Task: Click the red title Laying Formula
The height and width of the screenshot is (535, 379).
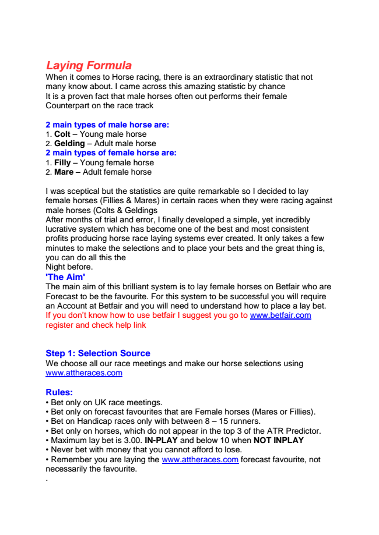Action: pyautogui.click(x=89, y=66)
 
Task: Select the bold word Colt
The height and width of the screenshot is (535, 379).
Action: pyautogui.click(x=62, y=134)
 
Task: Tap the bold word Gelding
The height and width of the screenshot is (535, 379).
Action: pyautogui.click(x=69, y=143)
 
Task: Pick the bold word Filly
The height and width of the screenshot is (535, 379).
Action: pyautogui.click(x=62, y=162)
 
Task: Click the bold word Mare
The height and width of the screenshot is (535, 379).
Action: pyautogui.click(x=64, y=172)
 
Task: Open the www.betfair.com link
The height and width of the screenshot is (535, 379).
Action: pyautogui.click(x=280, y=316)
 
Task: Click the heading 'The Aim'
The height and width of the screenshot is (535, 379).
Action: pyautogui.click(x=65, y=277)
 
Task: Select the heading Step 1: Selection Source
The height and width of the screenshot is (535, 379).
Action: pyautogui.click(x=98, y=353)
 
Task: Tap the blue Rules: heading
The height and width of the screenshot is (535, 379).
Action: pyautogui.click(x=59, y=392)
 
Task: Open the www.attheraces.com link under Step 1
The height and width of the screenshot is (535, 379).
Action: pyautogui.click(x=84, y=373)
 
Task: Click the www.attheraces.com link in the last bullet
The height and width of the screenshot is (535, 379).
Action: pyautogui.click(x=200, y=459)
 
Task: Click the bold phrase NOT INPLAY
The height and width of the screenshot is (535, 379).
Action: pyautogui.click(x=279, y=440)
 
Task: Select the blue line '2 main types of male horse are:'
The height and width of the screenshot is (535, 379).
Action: pyautogui.click(x=107, y=125)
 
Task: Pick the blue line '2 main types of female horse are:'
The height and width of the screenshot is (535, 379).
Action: pyautogui.click(x=111, y=153)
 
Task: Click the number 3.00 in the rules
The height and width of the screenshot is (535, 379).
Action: pyautogui.click(x=132, y=440)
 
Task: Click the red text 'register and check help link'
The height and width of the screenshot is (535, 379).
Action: pyautogui.click(x=96, y=325)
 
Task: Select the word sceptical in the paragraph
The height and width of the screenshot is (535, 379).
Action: pyautogui.click(x=88, y=191)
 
